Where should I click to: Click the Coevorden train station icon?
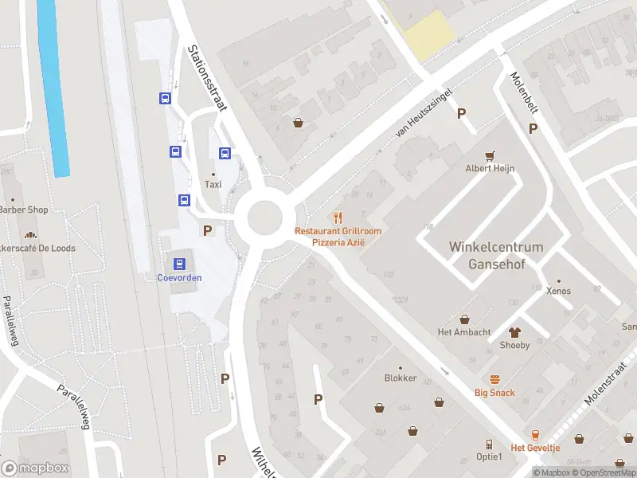(x=178, y=263)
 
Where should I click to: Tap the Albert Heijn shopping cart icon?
(x=490, y=155)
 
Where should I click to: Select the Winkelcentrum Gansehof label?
(x=495, y=255)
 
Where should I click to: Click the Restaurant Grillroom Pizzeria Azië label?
(x=338, y=236)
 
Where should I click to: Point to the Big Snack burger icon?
(x=494, y=379)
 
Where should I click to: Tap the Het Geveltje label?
(x=535, y=448)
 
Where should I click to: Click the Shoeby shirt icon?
(x=514, y=331)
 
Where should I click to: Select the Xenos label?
(x=558, y=292)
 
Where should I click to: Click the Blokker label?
(x=400, y=378)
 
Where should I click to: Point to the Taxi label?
(x=213, y=184)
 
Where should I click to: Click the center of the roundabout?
(x=264, y=216)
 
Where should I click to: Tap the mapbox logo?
(x=36, y=468)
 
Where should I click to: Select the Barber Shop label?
(x=22, y=210)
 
